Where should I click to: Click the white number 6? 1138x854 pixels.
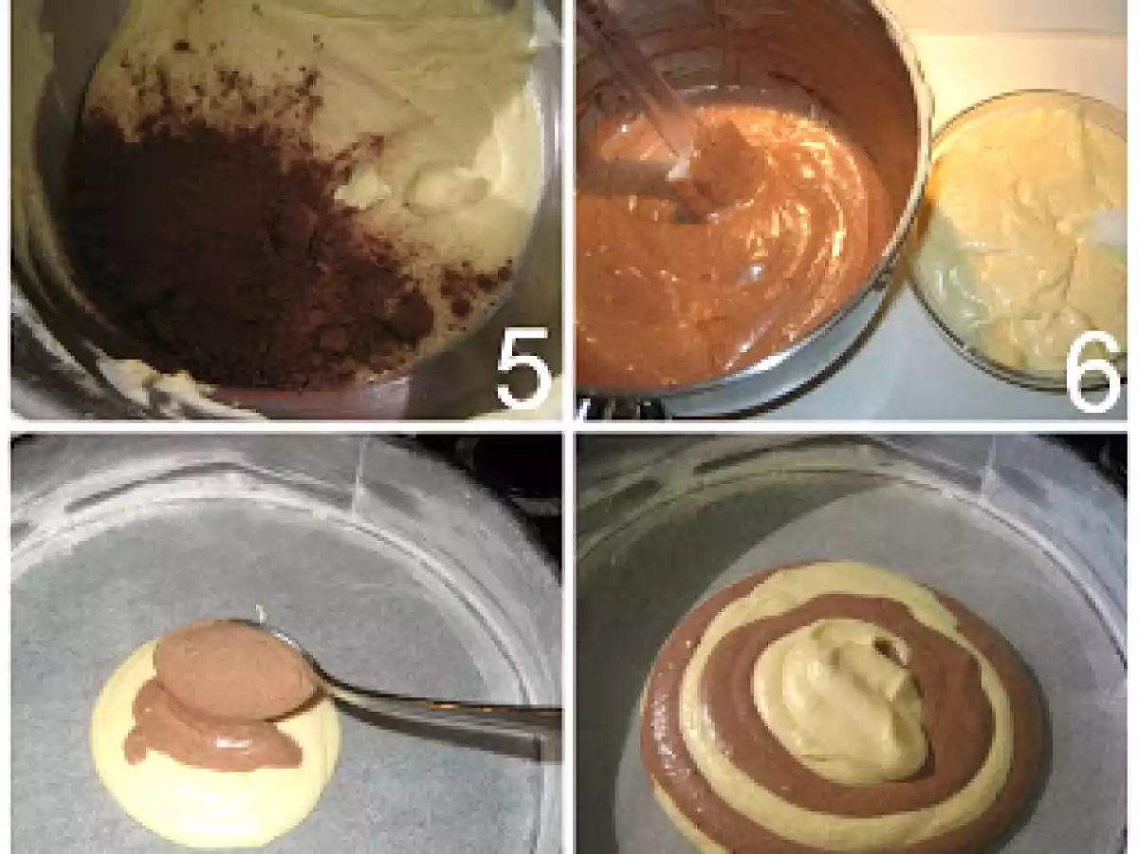[x=1093, y=368]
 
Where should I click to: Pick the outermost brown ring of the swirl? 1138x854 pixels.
[x=664, y=750]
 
